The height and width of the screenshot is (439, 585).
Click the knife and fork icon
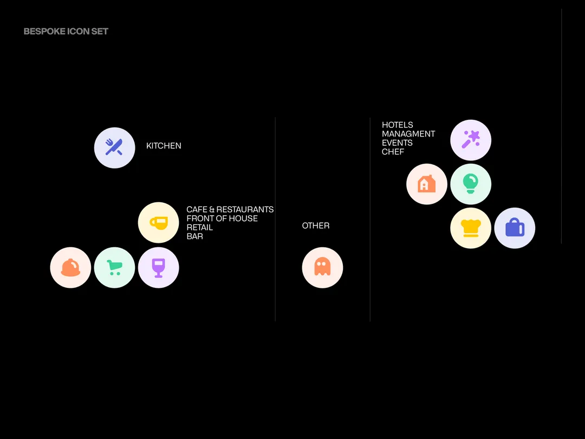click(x=114, y=147)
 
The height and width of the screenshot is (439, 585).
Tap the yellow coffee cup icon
click(x=158, y=222)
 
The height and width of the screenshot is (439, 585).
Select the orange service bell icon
click(x=70, y=267)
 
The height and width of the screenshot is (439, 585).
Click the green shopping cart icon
click(x=114, y=267)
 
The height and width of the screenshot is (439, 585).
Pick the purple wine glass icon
click(x=158, y=267)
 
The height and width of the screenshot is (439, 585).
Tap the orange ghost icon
click(x=322, y=267)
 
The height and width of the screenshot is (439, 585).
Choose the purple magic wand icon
click(x=471, y=140)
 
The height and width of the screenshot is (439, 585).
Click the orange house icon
click(x=427, y=184)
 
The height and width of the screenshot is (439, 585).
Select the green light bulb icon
click(x=471, y=184)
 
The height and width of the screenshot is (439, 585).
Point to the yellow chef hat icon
click(x=471, y=228)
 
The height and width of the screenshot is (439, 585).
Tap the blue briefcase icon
click(x=515, y=228)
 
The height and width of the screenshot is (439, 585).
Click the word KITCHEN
click(x=164, y=146)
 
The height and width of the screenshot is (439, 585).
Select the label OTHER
click(x=316, y=225)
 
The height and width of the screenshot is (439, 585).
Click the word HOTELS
click(x=398, y=125)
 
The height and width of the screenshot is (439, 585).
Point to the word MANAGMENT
click(x=408, y=134)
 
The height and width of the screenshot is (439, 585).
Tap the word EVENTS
click(x=397, y=143)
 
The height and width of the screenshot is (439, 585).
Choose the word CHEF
click(x=393, y=152)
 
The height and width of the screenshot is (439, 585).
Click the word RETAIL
click(x=200, y=228)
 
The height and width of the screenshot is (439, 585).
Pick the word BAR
click(x=194, y=237)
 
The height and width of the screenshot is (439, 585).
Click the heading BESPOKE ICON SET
click(x=66, y=31)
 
